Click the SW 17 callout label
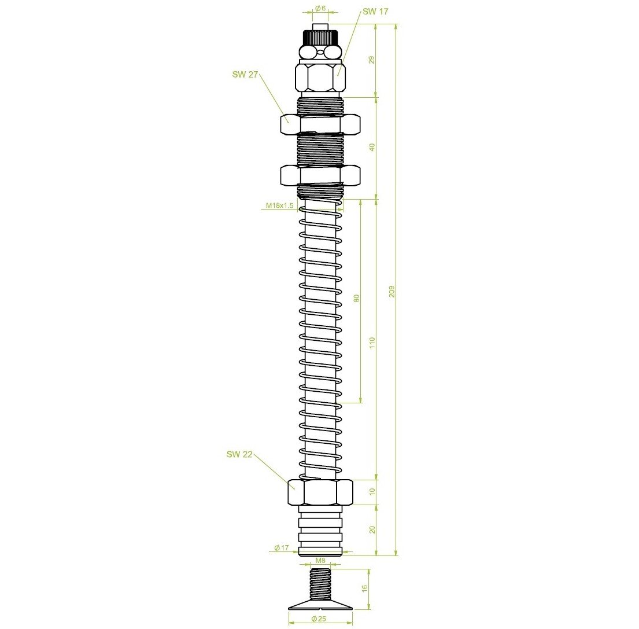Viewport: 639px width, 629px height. [x=375, y=12]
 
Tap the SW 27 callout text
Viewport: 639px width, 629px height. [x=245, y=74]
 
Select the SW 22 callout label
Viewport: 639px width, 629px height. [x=239, y=454]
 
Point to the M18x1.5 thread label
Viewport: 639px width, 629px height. [x=279, y=205]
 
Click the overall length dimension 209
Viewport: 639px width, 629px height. [x=392, y=291]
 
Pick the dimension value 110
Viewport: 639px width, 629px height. [x=372, y=343]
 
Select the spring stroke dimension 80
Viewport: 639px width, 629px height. [x=357, y=298]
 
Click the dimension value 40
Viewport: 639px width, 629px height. [x=372, y=147]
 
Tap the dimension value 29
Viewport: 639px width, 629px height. [x=372, y=60]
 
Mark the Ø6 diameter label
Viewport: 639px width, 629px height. [x=321, y=8]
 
